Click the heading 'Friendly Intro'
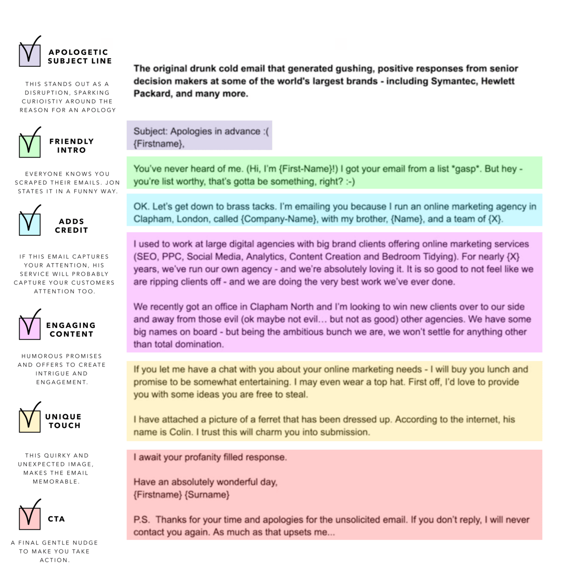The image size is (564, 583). [x=72, y=145]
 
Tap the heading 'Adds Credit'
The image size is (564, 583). [x=72, y=226]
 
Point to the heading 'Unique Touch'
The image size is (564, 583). [x=64, y=421]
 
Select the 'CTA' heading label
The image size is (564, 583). [x=56, y=519]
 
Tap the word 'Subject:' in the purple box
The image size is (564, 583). [x=150, y=131]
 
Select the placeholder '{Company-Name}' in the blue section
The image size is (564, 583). [x=279, y=219]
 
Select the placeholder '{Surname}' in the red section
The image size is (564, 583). [x=207, y=495]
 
